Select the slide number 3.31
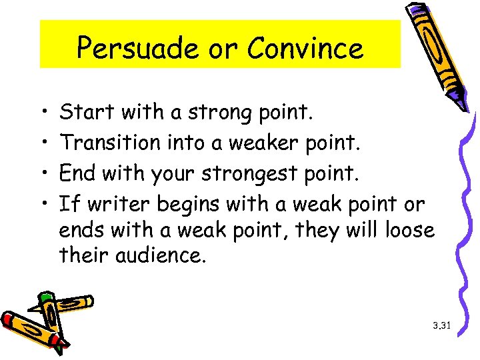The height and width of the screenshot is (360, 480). point(442,326)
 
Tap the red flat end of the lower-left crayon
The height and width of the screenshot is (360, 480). point(9,322)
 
